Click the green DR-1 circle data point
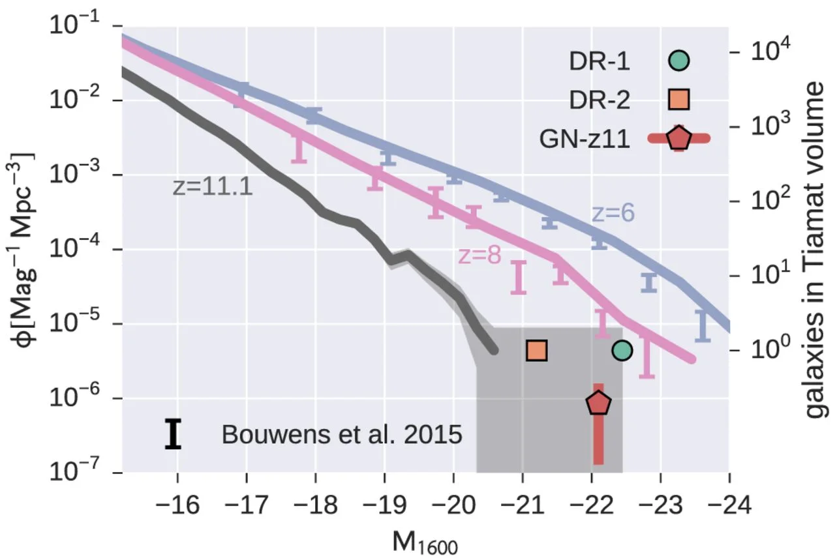[x=622, y=351]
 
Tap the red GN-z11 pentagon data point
[x=598, y=404]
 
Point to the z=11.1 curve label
[x=213, y=187]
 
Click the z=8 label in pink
[x=479, y=256]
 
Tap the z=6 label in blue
[x=613, y=213]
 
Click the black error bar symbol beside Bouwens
[x=173, y=435]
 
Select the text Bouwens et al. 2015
[x=342, y=435]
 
